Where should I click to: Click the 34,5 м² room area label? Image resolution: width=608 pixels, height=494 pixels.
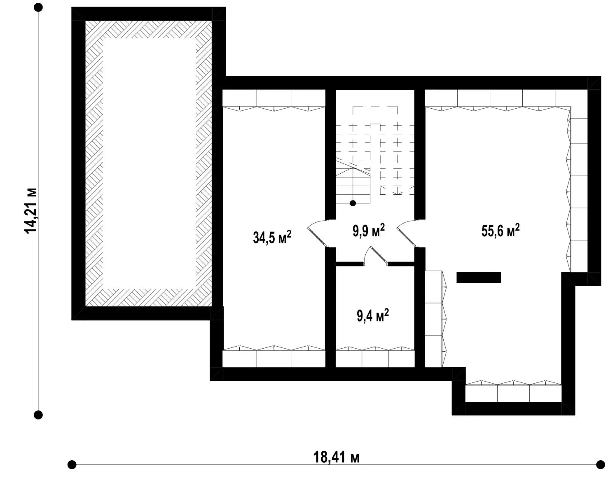pyautogui.click(x=272, y=237)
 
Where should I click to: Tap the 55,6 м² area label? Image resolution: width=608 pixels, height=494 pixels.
pyautogui.click(x=500, y=230)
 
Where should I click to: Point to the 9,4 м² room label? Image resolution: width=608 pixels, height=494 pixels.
pyautogui.click(x=372, y=315)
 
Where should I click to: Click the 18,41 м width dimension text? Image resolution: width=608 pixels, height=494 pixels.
pyautogui.click(x=336, y=457)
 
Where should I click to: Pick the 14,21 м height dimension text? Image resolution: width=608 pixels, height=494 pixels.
pyautogui.click(x=30, y=210)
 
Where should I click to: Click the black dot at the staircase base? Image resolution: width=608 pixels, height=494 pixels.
pyautogui.click(x=353, y=203)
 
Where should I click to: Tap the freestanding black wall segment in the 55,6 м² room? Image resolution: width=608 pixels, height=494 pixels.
pyautogui.click(x=478, y=277)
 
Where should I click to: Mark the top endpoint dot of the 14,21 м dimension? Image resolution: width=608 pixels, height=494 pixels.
pyautogui.click(x=38, y=7)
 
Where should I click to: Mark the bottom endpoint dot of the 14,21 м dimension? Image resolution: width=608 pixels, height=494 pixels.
pyautogui.click(x=38, y=415)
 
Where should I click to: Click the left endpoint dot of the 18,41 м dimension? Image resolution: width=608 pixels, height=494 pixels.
pyautogui.click(x=72, y=465)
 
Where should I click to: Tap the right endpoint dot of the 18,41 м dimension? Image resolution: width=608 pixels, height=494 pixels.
pyautogui.click(x=601, y=465)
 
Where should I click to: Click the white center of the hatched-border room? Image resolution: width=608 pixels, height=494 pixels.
pyautogui.click(x=149, y=163)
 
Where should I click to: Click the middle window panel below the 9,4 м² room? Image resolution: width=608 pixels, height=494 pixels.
pyautogui.click(x=375, y=358)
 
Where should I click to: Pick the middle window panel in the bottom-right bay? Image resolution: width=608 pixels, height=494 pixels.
pyautogui.click(x=513, y=393)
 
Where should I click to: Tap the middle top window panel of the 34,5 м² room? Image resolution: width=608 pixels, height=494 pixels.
pyautogui.click(x=274, y=98)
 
